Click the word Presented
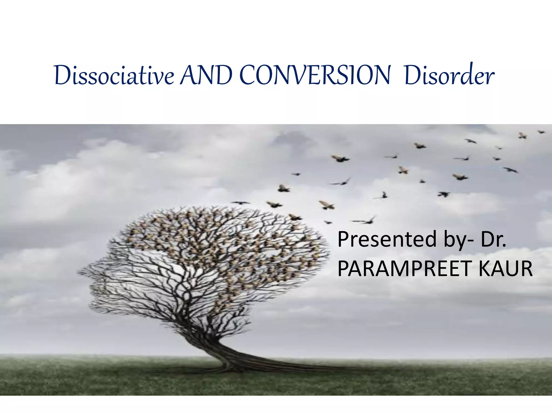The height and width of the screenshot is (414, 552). (387, 239)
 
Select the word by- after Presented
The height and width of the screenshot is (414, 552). (458, 239)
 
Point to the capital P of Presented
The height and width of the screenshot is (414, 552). (343, 239)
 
